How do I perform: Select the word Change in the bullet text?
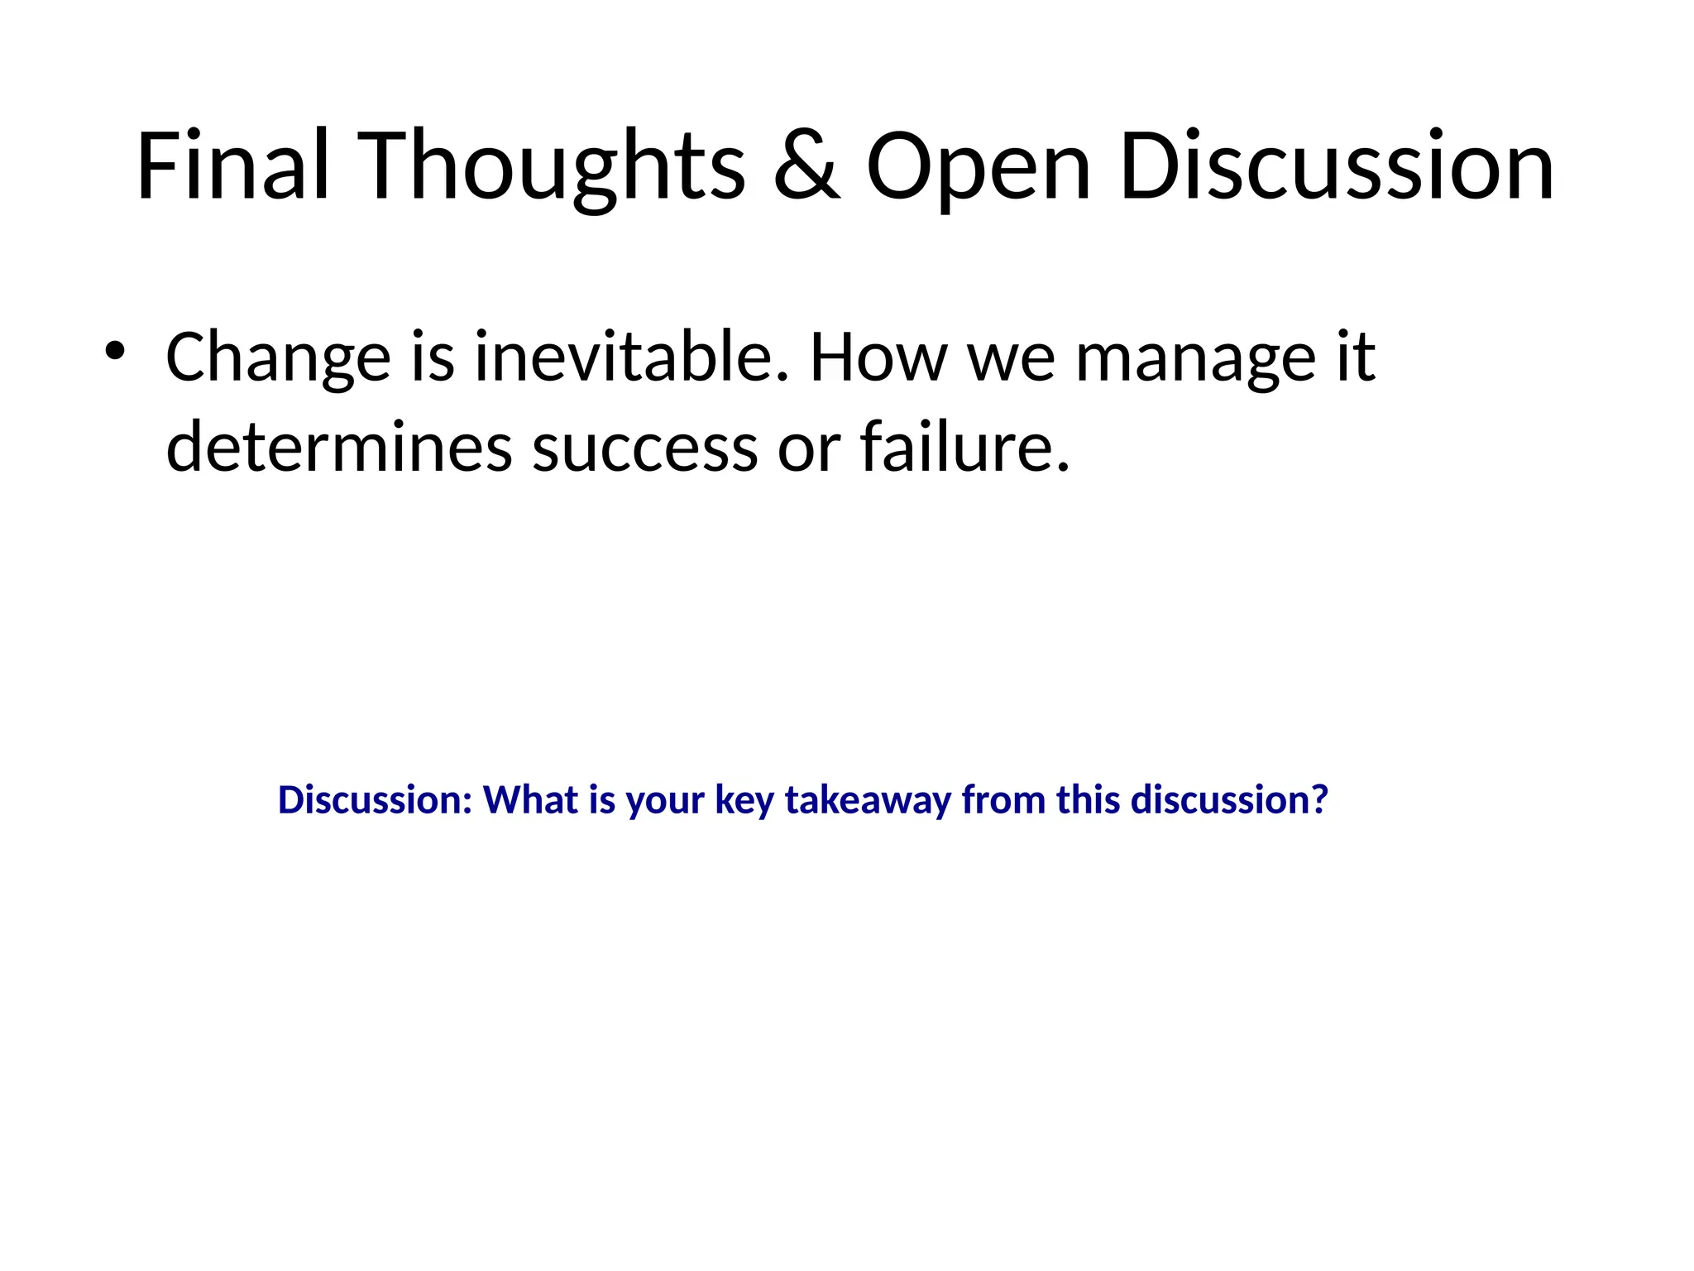pyautogui.click(x=278, y=357)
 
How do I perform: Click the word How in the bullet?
pyautogui.click(x=878, y=357)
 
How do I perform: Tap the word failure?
pyautogui.click(x=964, y=448)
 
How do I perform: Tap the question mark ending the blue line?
pyautogui.click(x=1319, y=800)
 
